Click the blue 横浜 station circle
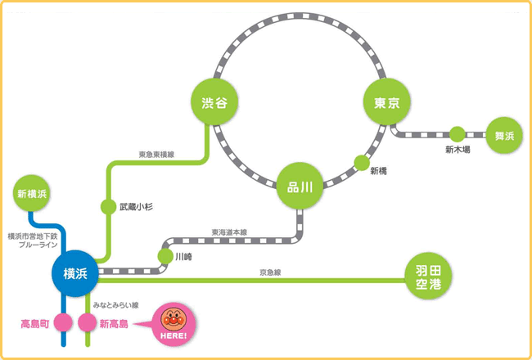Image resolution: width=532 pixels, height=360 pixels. (74, 272)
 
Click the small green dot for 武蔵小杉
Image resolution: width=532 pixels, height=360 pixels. (108, 207)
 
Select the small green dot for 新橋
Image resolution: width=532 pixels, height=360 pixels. (362, 163)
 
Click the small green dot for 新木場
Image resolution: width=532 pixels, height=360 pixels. (457, 133)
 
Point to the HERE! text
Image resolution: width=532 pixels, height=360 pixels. (174, 335)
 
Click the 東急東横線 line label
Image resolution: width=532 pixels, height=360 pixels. (156, 153)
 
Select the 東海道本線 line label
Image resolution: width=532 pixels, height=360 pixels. (228, 232)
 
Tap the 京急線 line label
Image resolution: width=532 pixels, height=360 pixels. (270, 272)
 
